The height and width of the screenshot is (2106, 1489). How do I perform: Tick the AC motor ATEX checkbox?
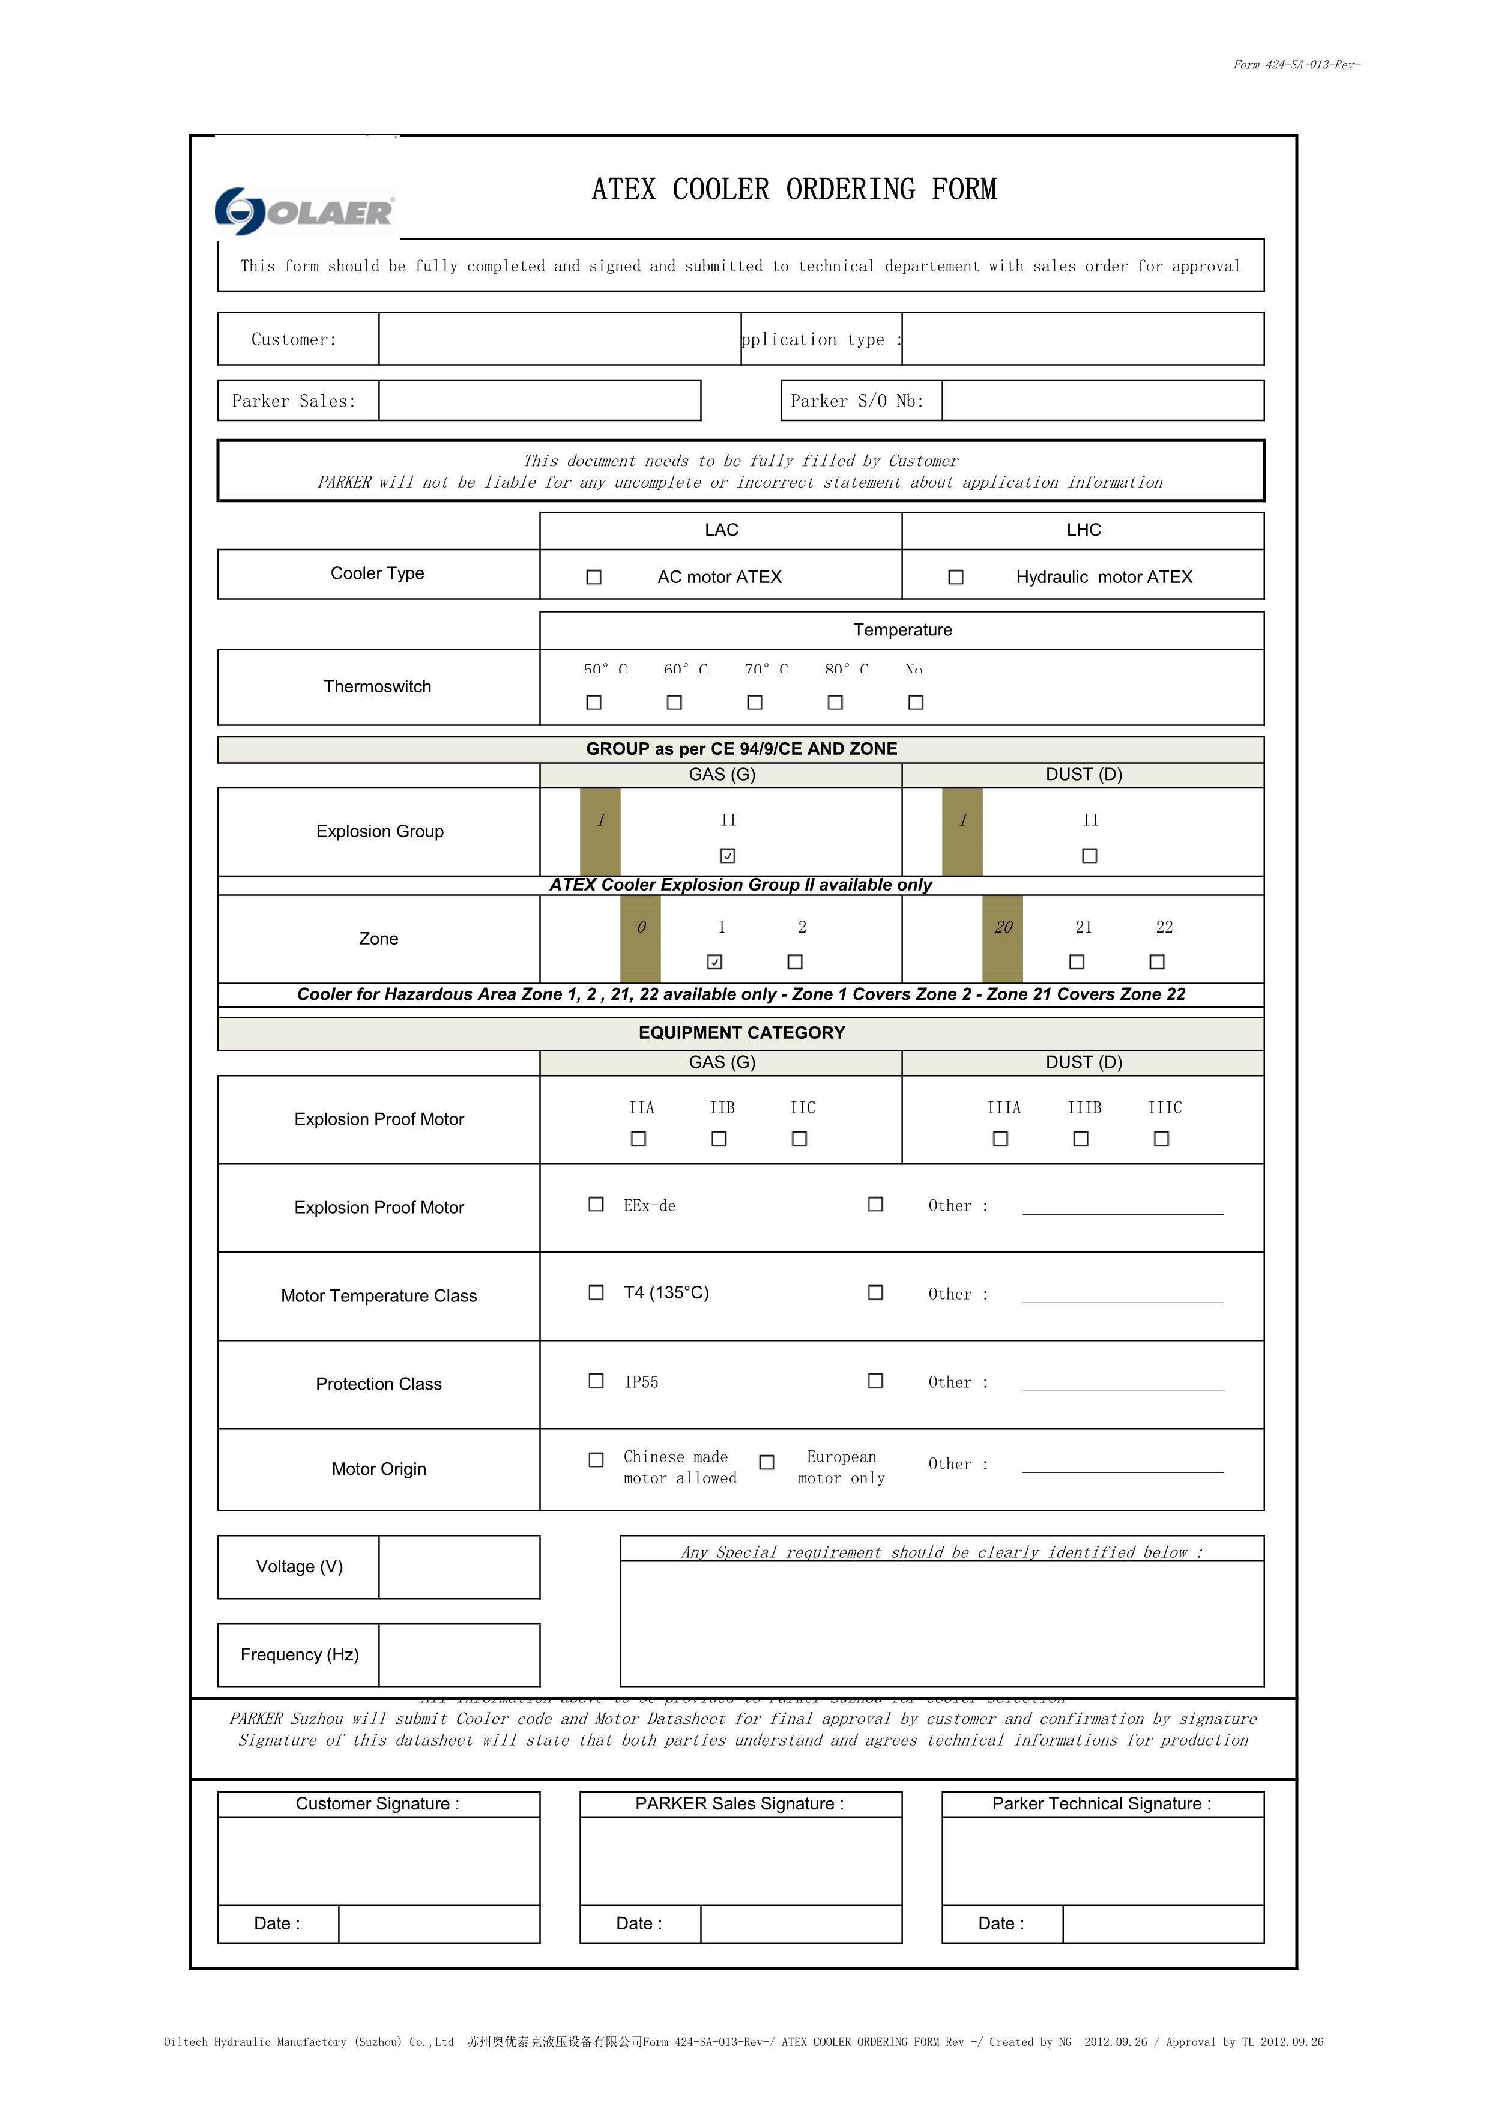(594, 577)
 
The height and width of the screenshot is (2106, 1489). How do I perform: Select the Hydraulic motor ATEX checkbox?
(955, 577)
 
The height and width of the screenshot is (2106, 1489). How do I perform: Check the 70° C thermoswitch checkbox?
(755, 703)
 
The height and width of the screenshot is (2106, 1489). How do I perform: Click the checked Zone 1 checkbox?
(715, 961)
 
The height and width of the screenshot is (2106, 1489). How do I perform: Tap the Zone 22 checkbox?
(1157, 961)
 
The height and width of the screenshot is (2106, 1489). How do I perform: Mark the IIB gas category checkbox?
(719, 1139)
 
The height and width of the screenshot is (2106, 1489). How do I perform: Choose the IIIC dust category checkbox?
(1162, 1139)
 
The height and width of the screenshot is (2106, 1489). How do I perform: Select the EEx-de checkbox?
(596, 1205)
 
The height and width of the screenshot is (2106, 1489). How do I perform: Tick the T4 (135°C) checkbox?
(596, 1292)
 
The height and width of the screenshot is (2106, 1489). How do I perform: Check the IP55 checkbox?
(596, 1381)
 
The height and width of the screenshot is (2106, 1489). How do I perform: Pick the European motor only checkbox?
(767, 1462)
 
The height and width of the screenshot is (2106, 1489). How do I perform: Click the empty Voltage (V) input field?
(459, 1567)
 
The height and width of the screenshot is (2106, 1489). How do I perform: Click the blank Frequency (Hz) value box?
(459, 1655)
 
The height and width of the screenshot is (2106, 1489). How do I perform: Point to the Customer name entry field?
(560, 339)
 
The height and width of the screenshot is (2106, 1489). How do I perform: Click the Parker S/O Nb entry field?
(1102, 401)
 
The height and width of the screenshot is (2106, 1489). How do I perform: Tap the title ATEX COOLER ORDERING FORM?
(794, 189)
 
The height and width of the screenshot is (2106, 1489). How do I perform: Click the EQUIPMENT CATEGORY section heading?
(741, 1033)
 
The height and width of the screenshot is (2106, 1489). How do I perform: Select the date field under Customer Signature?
(438, 1923)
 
